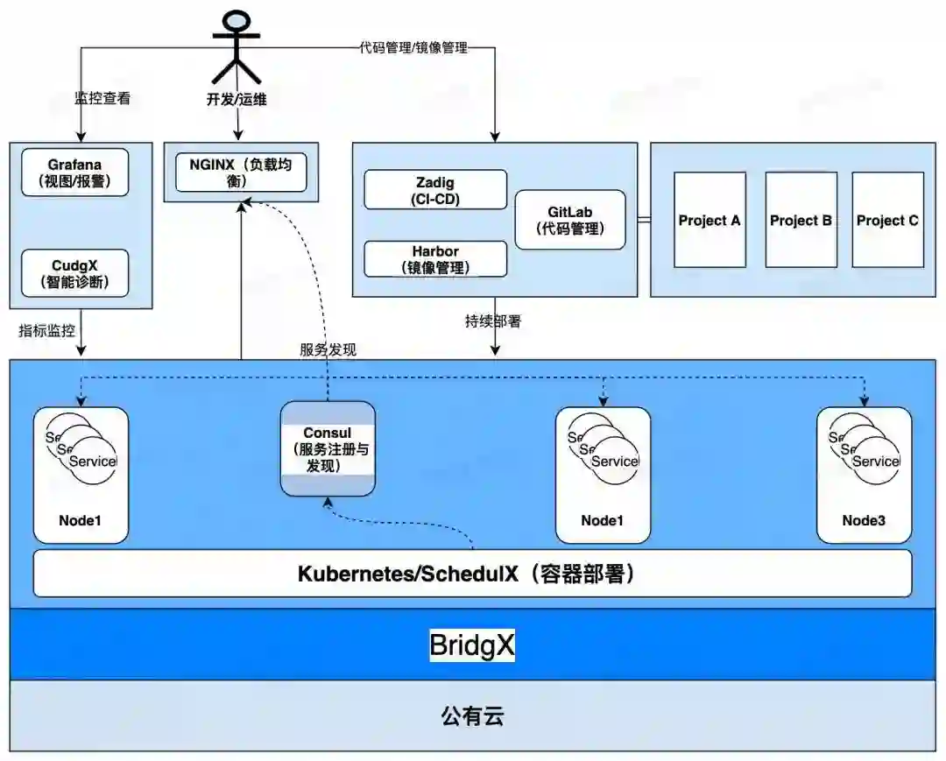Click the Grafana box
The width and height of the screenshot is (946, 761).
click(74, 173)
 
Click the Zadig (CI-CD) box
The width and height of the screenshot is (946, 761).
click(435, 190)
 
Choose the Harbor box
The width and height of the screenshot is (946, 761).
click(435, 259)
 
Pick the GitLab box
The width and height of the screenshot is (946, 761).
click(570, 220)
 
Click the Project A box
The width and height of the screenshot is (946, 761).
click(709, 220)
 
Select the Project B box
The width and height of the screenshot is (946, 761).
click(801, 220)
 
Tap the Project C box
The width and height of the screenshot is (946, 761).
click(887, 220)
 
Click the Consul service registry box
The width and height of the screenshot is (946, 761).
click(328, 448)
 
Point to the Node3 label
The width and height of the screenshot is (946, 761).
click(864, 520)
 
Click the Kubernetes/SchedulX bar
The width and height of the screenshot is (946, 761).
click(472, 574)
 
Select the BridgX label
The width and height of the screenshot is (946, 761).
click(472, 645)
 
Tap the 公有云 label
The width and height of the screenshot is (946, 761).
click(472, 717)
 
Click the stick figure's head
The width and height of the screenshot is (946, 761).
click(236, 21)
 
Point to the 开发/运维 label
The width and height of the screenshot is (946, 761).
click(236, 99)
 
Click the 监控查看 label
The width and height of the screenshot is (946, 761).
click(102, 98)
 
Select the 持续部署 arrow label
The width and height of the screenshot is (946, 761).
click(493, 321)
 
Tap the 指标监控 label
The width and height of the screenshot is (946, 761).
click(47, 330)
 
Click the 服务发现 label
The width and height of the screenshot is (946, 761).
click(328, 349)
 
